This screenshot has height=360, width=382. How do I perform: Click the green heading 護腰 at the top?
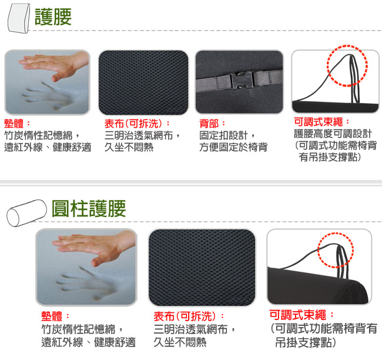tap(53, 16)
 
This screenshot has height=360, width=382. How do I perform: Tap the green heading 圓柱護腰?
tap(89, 209)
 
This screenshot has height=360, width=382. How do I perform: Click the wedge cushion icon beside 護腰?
tap(19, 18)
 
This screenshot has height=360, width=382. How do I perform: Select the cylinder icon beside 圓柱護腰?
tap(26, 213)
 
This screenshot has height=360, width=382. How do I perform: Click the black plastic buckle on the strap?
tap(241, 79)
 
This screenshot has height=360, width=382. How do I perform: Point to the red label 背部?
tap(209, 124)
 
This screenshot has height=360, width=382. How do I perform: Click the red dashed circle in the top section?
tap(347, 66)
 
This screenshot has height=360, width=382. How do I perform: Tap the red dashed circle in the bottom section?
tap(335, 250)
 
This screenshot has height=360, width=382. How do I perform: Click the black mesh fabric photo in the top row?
tap(143, 82)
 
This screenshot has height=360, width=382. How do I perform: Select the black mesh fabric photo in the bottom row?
tap(202, 267)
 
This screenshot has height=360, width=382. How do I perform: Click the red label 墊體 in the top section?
tap(14, 124)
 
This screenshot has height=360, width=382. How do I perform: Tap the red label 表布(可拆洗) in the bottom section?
tap(185, 316)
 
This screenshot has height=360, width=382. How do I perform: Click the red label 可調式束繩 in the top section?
tap(318, 122)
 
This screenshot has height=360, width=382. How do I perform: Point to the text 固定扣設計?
tap(223, 135)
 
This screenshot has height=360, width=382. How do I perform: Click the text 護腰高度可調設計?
tap(333, 134)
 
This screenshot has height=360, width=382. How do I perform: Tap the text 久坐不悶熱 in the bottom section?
tap(180, 342)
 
